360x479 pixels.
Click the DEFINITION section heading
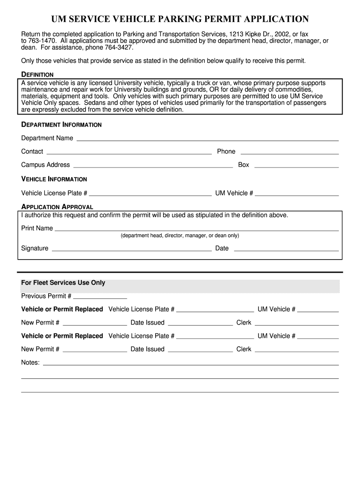[37, 74]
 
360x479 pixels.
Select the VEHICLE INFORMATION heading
[54, 179]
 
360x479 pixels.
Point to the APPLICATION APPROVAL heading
[57, 207]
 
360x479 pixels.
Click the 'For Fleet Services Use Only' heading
[63, 283]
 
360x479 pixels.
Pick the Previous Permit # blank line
[100, 298]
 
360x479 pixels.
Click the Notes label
[30, 363]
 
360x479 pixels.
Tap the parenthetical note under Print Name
[180, 236]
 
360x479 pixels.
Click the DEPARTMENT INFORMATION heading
[61, 125]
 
